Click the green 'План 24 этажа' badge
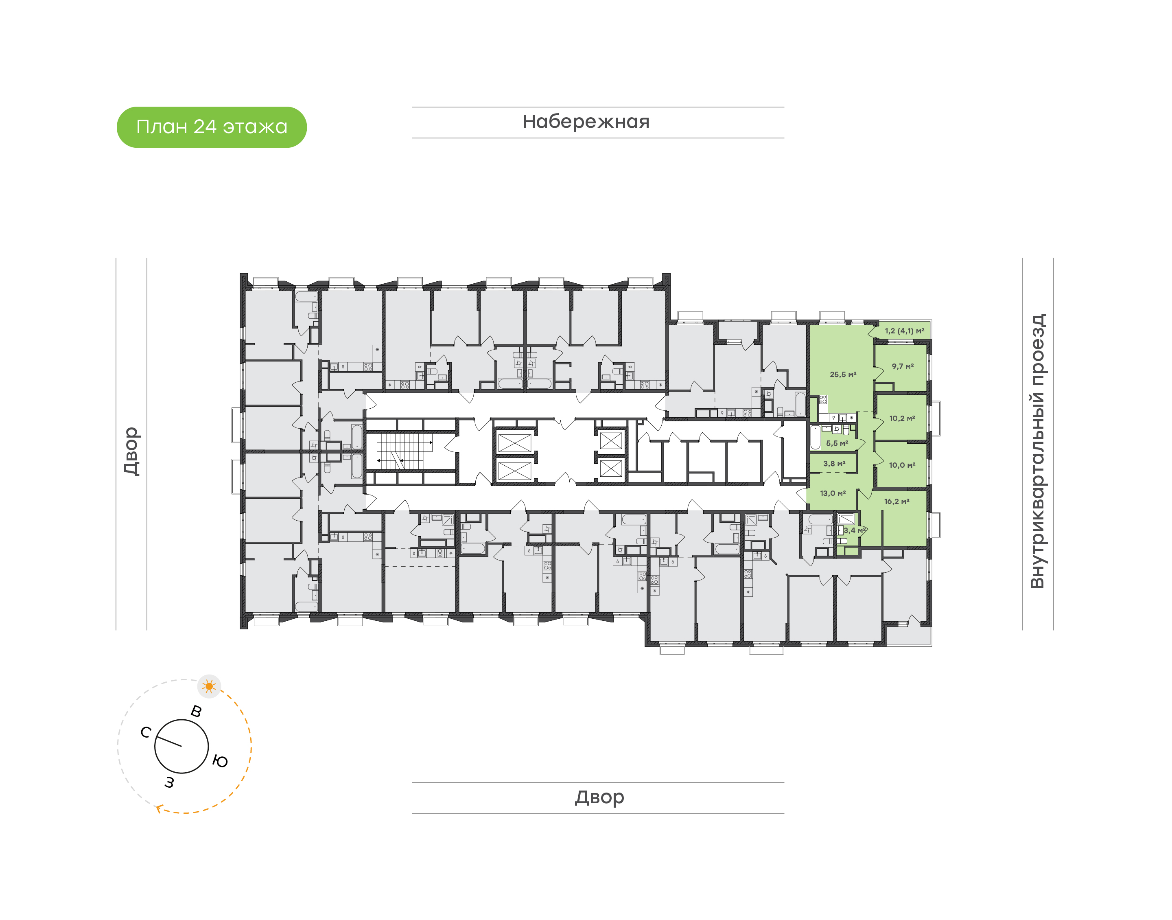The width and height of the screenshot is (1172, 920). (x=212, y=127)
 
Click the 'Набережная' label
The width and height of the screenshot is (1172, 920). (x=586, y=122)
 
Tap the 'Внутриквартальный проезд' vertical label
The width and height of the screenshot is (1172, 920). (x=1037, y=451)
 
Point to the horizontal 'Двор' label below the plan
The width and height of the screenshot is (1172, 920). (x=599, y=797)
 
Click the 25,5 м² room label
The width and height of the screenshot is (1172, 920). (x=842, y=375)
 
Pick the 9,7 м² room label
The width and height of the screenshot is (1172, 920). (x=902, y=366)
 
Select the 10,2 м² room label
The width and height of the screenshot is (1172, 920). (x=902, y=418)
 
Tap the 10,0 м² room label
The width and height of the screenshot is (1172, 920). (x=902, y=465)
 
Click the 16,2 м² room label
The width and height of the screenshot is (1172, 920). (x=896, y=502)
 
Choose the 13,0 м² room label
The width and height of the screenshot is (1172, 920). (x=832, y=493)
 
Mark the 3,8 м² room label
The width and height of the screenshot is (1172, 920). (x=834, y=464)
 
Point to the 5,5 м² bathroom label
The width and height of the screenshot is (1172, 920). (x=837, y=443)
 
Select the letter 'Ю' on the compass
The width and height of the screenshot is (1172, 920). (x=220, y=761)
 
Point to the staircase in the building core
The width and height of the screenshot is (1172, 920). (x=404, y=451)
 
